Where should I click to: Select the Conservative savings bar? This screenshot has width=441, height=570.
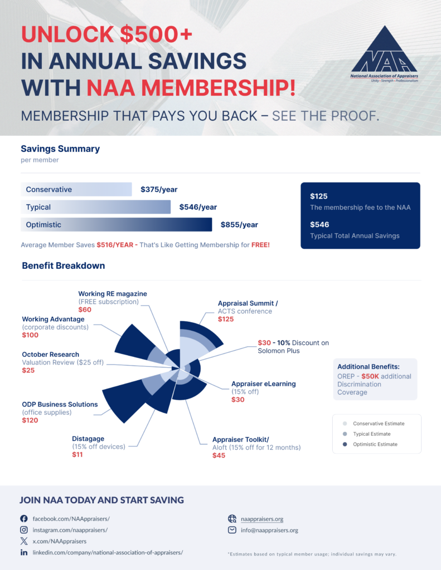pyautogui.click(x=76, y=189)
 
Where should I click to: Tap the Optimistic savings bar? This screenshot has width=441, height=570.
pyautogui.click(x=117, y=225)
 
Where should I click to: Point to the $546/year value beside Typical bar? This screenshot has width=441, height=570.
pyautogui.click(x=198, y=207)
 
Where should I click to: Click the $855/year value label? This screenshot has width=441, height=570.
pyautogui.click(x=239, y=225)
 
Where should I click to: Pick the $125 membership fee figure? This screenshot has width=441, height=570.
pyautogui.click(x=319, y=196)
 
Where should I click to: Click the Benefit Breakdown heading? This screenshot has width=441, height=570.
pyautogui.click(x=64, y=266)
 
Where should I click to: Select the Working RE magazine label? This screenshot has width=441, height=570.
pyautogui.click(x=113, y=293)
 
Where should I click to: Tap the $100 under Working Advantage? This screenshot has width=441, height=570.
pyautogui.click(x=31, y=335)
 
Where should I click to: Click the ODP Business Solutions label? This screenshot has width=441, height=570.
pyautogui.click(x=60, y=404)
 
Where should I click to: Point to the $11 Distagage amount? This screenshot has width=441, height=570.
pyautogui.click(x=77, y=455)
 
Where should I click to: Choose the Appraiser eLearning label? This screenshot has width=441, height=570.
pyautogui.click(x=264, y=384)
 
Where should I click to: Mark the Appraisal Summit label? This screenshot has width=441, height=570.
pyautogui.click(x=248, y=303)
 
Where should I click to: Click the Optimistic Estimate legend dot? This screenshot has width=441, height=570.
pyautogui.click(x=346, y=444)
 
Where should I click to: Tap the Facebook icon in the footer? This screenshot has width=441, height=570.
pyautogui.click(x=24, y=518)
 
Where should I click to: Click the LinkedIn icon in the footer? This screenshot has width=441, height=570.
pyautogui.click(x=24, y=552)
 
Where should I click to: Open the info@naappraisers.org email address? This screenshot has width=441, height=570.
pyautogui.click(x=269, y=530)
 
